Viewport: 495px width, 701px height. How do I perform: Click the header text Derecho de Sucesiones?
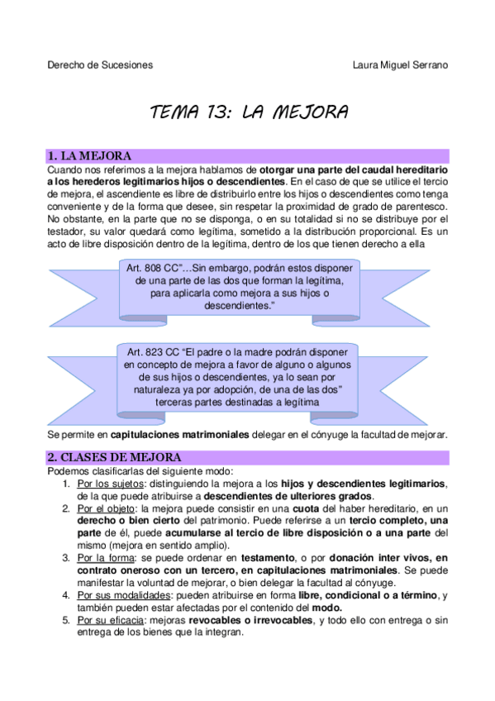tap(100, 65)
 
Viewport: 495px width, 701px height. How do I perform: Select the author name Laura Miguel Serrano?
tap(401, 65)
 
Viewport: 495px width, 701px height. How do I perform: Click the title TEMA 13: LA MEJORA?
tap(248, 112)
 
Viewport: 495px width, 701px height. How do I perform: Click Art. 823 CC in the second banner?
tap(150, 352)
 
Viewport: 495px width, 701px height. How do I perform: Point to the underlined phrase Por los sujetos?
tap(108, 484)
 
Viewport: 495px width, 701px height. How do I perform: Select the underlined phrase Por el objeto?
tap(104, 508)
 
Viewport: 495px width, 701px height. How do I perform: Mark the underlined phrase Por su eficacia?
tap(109, 620)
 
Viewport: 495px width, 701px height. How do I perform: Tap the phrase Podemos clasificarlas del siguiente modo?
tap(141, 471)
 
